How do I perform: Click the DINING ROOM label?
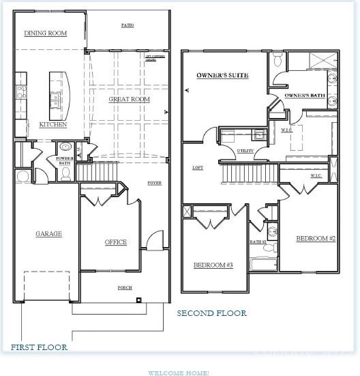click(x=45, y=33)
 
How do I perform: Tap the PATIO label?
click(x=127, y=25)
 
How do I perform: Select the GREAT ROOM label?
click(x=129, y=100)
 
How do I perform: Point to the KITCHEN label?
click(x=52, y=124)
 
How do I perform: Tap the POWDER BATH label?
click(x=64, y=161)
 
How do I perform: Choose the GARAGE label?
click(x=48, y=233)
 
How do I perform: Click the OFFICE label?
click(x=115, y=242)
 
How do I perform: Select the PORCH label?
click(x=125, y=287)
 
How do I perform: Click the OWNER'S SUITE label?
click(x=222, y=75)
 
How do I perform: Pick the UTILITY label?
click(x=245, y=151)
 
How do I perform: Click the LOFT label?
click(x=198, y=167)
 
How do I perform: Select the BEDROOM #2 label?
click(x=316, y=239)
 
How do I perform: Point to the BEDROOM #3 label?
click(x=213, y=265)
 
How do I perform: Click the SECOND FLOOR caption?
click(x=211, y=313)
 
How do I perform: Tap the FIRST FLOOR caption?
click(x=39, y=347)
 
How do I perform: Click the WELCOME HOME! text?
click(x=179, y=373)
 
